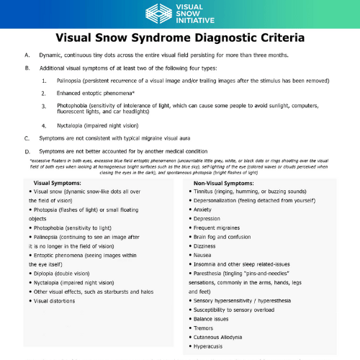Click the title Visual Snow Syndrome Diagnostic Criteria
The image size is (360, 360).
pos(180,36)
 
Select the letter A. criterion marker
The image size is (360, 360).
pos(27,55)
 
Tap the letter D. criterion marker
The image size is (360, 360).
pos(27,151)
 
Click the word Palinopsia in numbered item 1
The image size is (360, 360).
pos(69,81)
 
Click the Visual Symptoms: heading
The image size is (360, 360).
pos(57,184)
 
